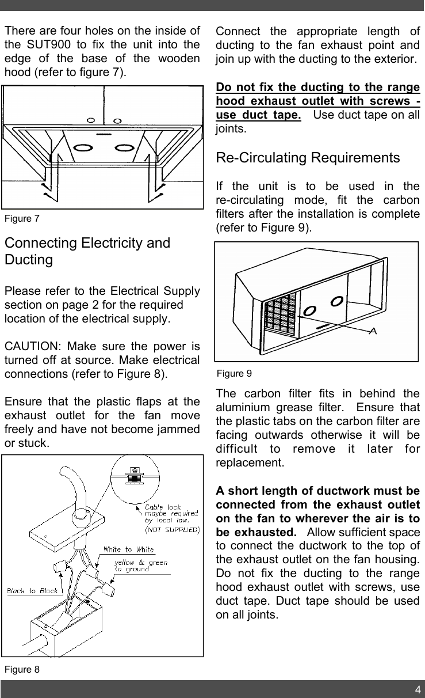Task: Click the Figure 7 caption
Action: click(x=22, y=219)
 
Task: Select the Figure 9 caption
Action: click(x=234, y=374)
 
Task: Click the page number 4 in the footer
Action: click(x=418, y=689)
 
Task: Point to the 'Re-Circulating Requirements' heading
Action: click(x=307, y=158)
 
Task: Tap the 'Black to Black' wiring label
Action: click(x=32, y=591)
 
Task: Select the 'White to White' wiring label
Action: click(x=128, y=549)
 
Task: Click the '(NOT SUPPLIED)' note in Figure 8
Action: click(x=171, y=528)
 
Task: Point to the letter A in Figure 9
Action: click(x=372, y=332)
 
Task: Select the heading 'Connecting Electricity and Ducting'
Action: click(x=86, y=251)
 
